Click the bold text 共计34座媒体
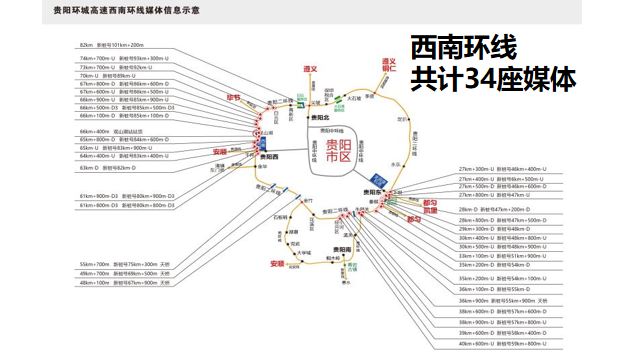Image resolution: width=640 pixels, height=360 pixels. point(492,79)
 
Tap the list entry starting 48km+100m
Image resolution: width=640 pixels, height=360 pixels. point(118,283)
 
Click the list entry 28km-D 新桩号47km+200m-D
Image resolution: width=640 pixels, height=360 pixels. point(499,207)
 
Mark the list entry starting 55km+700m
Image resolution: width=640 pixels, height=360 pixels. point(118,263)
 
